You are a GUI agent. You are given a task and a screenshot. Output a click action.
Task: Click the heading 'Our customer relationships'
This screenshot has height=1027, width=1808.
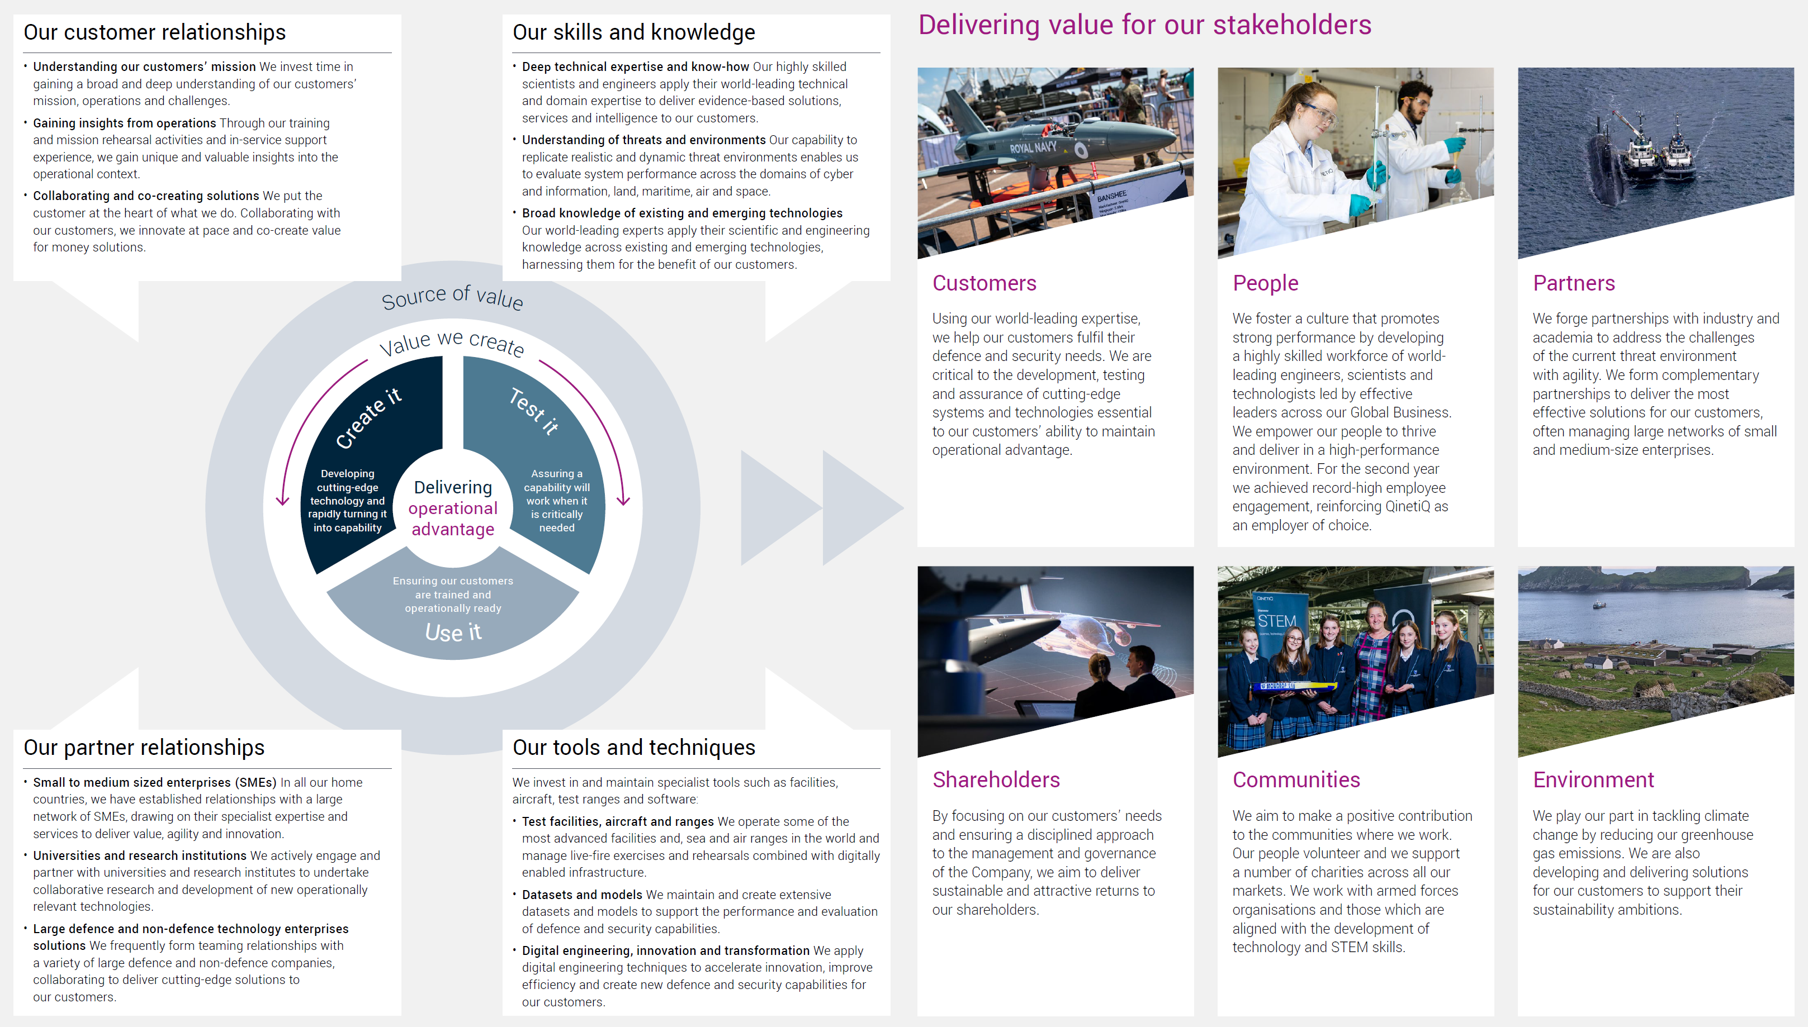(154, 32)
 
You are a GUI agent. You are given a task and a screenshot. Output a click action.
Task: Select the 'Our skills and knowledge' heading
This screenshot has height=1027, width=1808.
(634, 32)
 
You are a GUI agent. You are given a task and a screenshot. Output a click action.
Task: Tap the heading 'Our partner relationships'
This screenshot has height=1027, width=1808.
(144, 748)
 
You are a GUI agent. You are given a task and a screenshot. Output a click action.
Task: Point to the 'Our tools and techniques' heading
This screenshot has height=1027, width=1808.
(634, 748)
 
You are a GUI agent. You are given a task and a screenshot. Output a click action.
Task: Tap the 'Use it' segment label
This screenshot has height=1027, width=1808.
(453, 632)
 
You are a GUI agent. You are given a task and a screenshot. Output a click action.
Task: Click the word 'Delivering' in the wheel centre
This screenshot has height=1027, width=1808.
(453, 487)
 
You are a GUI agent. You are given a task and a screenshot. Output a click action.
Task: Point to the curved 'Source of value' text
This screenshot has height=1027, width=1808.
(452, 297)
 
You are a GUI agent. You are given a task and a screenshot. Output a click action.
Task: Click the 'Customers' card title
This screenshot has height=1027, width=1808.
(985, 283)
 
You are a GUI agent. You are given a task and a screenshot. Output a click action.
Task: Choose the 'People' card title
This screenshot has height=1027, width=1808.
(1265, 283)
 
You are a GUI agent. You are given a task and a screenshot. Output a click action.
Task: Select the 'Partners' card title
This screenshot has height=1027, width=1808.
(1574, 283)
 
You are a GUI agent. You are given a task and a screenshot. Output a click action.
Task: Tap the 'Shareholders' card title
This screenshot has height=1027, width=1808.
(996, 780)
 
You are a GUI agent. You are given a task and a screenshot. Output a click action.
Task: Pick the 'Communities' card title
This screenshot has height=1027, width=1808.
(1296, 780)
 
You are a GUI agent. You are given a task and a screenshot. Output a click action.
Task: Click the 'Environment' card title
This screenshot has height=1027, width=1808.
(1593, 780)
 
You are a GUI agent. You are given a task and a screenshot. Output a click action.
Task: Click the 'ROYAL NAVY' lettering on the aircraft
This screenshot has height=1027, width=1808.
(1033, 148)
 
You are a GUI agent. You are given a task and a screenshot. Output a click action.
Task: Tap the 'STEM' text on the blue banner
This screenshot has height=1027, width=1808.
(1276, 621)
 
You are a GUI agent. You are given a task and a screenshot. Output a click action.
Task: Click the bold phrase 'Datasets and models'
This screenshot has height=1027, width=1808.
(582, 895)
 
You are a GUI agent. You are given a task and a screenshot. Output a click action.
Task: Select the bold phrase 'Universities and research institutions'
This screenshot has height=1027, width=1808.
(140, 855)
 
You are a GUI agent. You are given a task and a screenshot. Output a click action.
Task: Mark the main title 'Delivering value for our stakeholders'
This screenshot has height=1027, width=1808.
(1144, 25)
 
